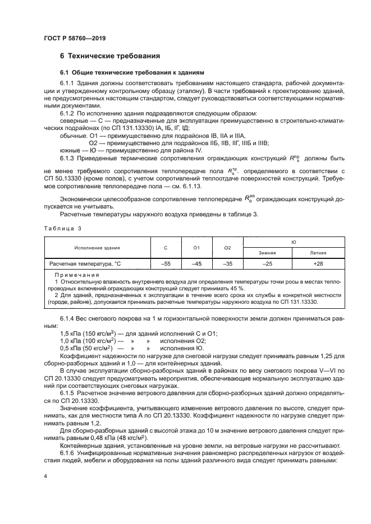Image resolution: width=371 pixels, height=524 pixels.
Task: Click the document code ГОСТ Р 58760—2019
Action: click(74, 38)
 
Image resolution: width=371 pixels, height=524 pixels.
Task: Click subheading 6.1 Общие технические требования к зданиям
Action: click(132, 73)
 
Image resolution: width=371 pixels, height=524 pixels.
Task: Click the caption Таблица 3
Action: click(63, 228)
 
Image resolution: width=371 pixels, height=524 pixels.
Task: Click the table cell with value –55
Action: click(166, 263)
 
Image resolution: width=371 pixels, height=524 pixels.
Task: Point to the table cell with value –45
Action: click(196, 263)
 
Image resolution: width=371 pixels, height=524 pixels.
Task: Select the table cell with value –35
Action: click(227, 263)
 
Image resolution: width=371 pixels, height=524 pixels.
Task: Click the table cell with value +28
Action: click(318, 263)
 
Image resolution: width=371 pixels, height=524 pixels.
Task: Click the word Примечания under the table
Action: click(76, 275)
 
